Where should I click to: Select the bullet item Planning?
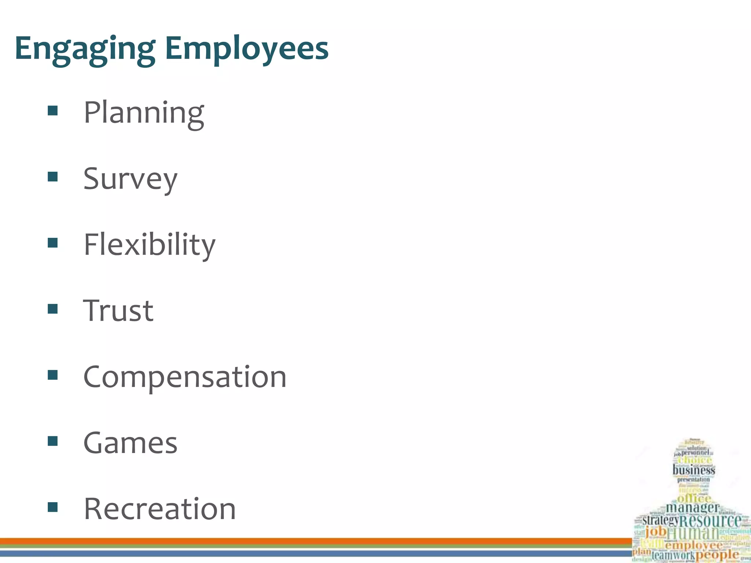[x=144, y=113]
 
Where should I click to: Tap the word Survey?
[x=130, y=179]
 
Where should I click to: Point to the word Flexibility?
[x=150, y=245]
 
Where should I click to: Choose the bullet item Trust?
[x=118, y=311]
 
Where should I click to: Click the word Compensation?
[x=185, y=377]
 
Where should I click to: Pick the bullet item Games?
[x=130, y=443]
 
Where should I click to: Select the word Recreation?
[x=160, y=509]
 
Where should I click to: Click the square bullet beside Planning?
[x=53, y=111]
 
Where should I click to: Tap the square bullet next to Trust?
[x=53, y=309]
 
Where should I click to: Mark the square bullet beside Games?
[x=53, y=441]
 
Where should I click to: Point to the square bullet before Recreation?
[x=53, y=507]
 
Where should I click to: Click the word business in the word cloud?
[x=693, y=470]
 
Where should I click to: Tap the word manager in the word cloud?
[x=692, y=508]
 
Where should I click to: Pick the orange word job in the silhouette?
[x=656, y=531]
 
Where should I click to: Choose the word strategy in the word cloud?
[x=660, y=520]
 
